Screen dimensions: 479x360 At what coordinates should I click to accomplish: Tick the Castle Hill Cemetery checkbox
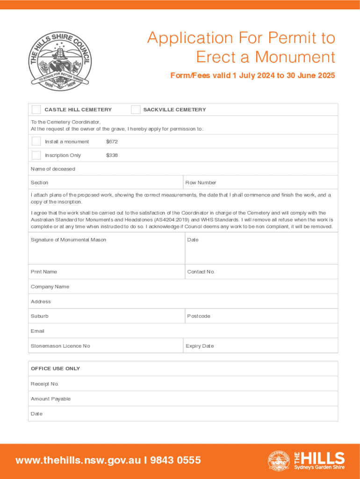coord(36,110)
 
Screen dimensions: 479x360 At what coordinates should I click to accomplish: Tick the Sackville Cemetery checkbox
coord(136,110)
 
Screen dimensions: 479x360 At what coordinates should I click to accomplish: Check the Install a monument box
coord(36,141)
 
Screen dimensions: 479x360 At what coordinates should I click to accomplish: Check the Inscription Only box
coord(36,155)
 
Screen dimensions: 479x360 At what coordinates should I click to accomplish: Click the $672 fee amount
coord(112,142)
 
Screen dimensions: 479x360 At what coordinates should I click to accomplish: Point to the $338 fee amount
coord(112,155)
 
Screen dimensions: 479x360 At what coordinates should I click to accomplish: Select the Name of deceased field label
coord(53,169)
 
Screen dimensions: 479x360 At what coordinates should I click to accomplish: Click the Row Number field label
coord(201,183)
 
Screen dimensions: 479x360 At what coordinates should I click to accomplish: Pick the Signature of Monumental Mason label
coord(68,240)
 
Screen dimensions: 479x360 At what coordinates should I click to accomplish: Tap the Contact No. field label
coord(201,272)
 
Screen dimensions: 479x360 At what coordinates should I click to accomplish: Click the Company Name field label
coord(50,287)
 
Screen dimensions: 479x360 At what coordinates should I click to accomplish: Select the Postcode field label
coord(199,316)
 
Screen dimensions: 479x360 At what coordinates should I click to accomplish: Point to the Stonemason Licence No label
coord(60,346)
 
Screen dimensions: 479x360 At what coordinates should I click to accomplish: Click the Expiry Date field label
coord(200,346)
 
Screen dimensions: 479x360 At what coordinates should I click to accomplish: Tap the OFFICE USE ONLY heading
coord(55,369)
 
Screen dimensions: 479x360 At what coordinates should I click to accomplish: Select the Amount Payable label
coord(50,399)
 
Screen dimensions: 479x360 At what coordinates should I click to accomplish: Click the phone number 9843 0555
coord(175,460)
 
